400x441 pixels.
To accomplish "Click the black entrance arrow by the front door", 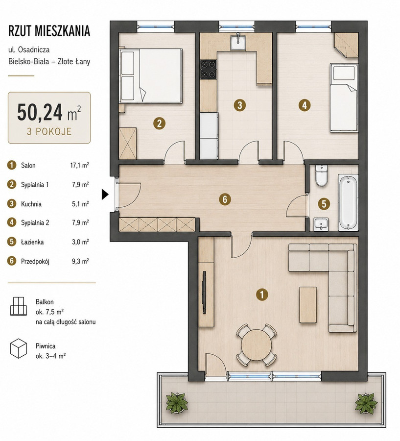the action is (x=105, y=195).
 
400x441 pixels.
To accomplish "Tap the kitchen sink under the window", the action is (x=238, y=42).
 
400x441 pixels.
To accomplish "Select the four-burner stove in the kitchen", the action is (x=208, y=70).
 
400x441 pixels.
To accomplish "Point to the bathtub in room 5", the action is (x=348, y=202).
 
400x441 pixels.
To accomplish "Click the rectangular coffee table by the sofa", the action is (x=308, y=305).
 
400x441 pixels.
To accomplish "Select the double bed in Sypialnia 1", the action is (x=151, y=76).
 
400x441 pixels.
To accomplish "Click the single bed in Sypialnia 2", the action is (x=344, y=98).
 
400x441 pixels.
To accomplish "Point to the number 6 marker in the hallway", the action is (x=225, y=199).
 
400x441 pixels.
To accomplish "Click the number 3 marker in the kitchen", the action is (x=240, y=105).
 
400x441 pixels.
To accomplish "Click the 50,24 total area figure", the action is (x=40, y=112).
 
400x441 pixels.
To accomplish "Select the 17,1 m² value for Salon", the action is (x=79, y=165).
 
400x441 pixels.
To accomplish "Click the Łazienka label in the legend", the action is (x=32, y=242).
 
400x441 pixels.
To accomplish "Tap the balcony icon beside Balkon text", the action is (x=19, y=306).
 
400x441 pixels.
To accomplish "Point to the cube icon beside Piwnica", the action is (x=19, y=348).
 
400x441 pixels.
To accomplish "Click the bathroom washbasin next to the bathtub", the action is (x=321, y=224).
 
